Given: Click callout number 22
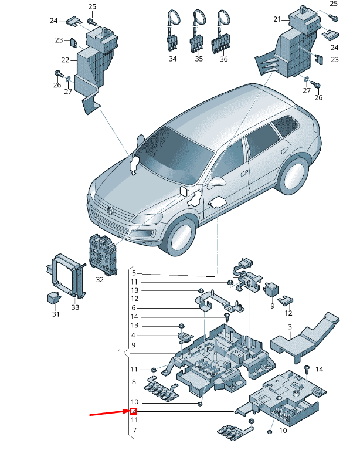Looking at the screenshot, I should coord(65,60).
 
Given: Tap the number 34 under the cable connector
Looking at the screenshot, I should coord(172,59).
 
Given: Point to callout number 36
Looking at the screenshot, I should coord(223,59).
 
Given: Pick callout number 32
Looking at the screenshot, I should coord(99,280).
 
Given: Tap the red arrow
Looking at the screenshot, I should coord(108,414).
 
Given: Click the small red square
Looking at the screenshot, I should coord(133,411).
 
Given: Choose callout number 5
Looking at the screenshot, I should coord(133,273).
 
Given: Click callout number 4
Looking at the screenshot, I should coord(133,335).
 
